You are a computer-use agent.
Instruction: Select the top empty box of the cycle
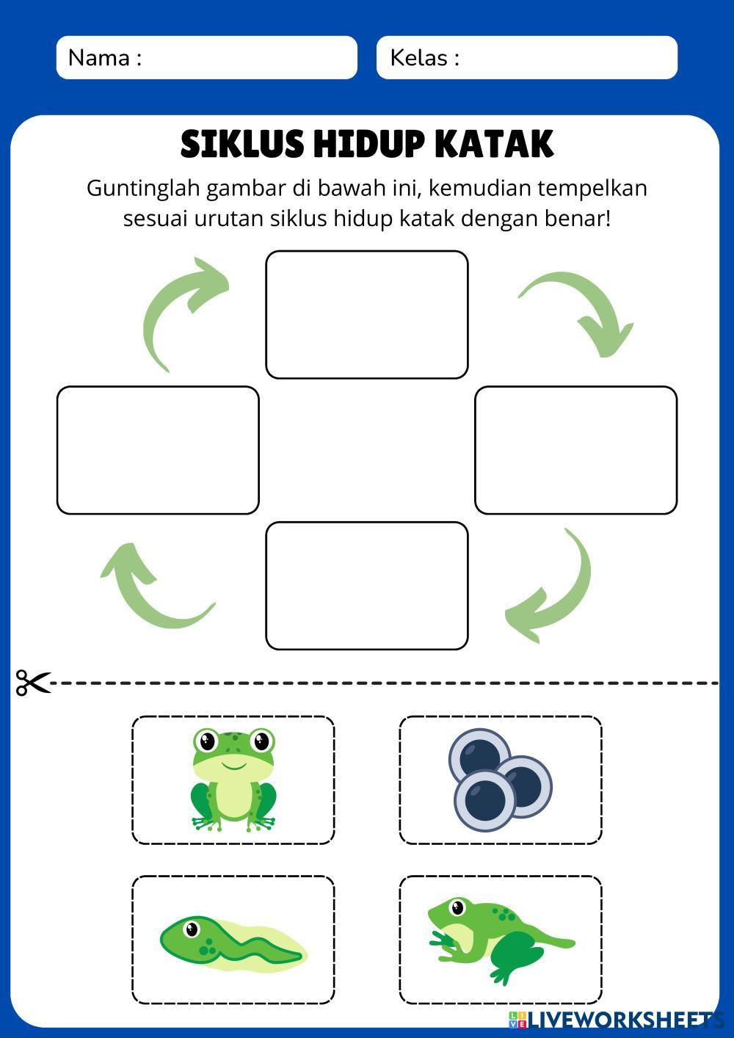(366, 314)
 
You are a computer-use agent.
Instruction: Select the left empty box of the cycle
(158, 449)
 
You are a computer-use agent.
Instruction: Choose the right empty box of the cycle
(575, 449)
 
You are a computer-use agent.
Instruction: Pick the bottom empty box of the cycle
(366, 585)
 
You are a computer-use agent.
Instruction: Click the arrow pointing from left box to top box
(180, 312)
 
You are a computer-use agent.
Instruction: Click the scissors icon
(33, 683)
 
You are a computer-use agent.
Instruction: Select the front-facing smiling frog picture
(233, 780)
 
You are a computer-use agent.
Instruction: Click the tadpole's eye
(192, 929)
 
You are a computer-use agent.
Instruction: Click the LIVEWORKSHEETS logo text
(624, 1019)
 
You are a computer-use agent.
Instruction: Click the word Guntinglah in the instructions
(143, 189)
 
